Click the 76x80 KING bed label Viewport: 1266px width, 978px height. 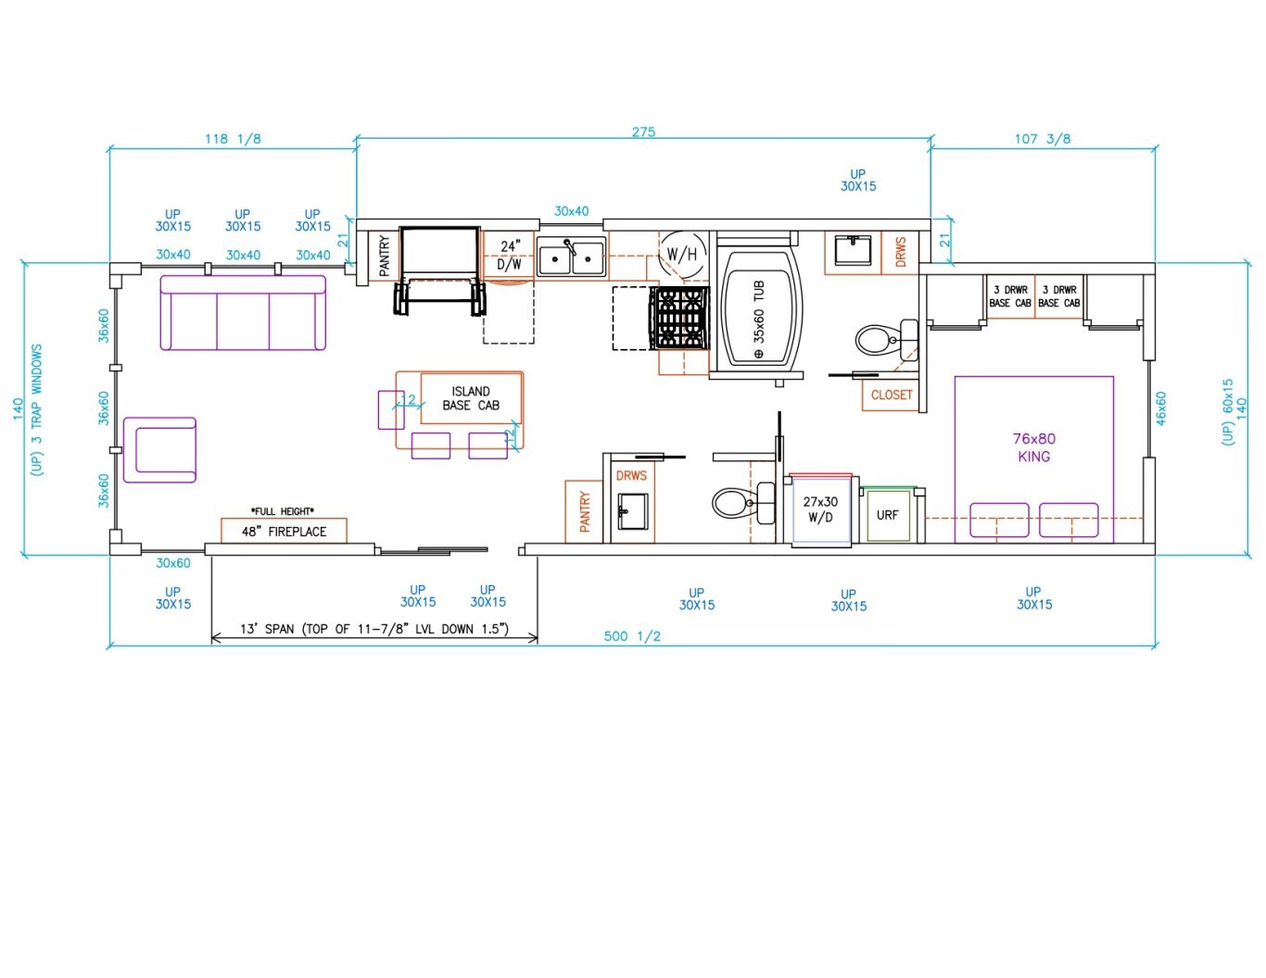(x=1033, y=447)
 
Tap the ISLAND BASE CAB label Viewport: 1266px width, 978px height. (x=471, y=398)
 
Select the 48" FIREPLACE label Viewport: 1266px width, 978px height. (x=285, y=532)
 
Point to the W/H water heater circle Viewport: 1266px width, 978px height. (x=681, y=255)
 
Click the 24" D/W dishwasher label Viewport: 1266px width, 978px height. (x=509, y=255)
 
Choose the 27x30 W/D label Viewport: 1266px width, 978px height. (x=820, y=509)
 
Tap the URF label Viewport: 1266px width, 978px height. (x=887, y=515)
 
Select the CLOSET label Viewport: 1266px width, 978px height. (x=892, y=395)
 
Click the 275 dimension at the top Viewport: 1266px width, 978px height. (x=643, y=132)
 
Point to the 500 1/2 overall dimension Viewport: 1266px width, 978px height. (x=632, y=635)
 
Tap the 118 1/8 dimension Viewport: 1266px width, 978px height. (x=233, y=139)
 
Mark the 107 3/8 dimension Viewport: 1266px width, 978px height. (x=1043, y=139)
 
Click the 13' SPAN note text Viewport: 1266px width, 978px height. (x=374, y=629)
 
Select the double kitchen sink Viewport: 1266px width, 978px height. (x=571, y=257)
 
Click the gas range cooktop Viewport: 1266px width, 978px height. (x=679, y=318)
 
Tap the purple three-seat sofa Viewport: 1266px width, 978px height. (x=243, y=313)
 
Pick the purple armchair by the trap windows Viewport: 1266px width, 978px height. (x=159, y=450)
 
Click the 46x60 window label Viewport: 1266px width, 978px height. (x=1160, y=408)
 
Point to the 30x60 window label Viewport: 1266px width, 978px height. (x=173, y=563)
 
